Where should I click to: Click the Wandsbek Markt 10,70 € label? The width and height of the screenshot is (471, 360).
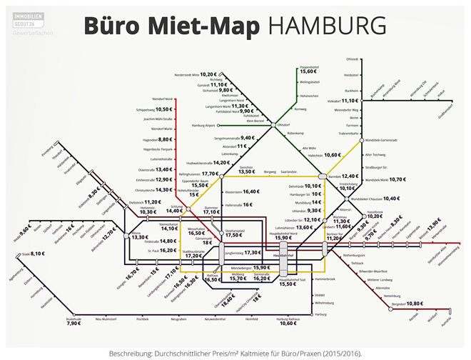(x=385, y=179)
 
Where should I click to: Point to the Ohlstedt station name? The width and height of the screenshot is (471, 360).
(x=351, y=59)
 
